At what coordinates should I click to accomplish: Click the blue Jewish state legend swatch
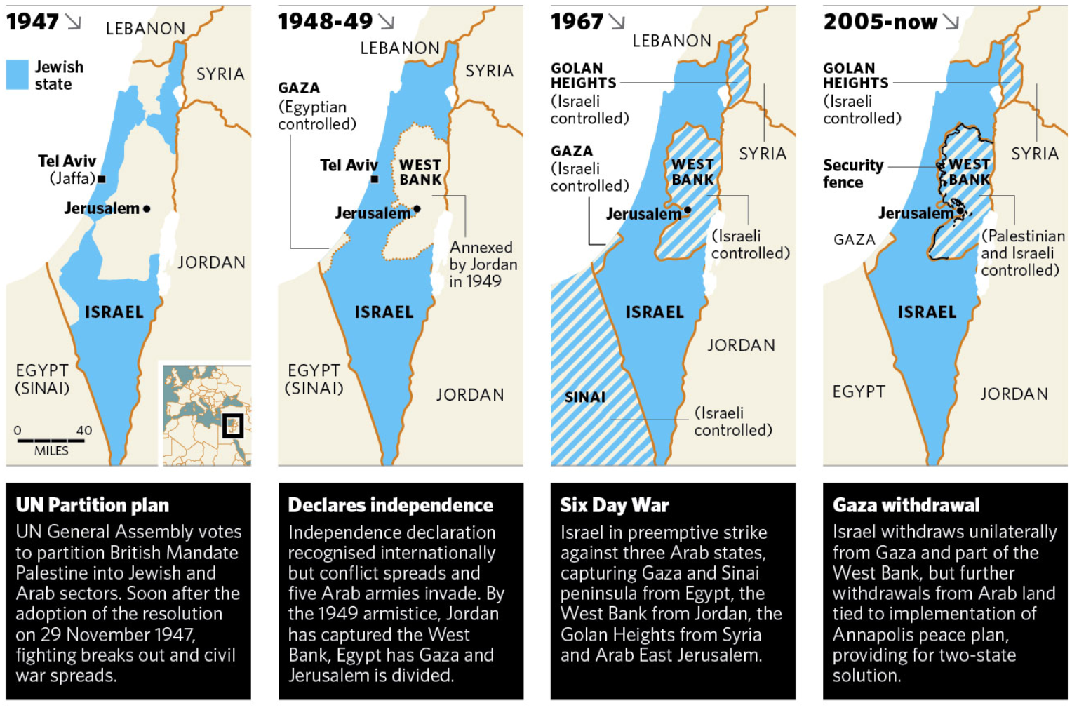pos(18,74)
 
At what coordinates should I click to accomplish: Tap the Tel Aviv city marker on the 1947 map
pos(102,180)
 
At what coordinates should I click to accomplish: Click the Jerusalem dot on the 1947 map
pos(146,208)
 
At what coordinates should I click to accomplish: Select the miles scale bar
pos(51,441)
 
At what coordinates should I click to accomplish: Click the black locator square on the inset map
pos(232,426)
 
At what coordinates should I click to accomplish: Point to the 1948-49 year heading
pos(326,22)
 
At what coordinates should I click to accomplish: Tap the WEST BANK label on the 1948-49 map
pos(420,172)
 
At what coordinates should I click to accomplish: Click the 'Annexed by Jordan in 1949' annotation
pos(483,264)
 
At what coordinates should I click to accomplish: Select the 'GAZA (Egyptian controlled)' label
pos(316,106)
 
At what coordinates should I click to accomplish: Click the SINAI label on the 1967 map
pos(584,397)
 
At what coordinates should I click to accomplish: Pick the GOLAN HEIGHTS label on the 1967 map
pos(583,75)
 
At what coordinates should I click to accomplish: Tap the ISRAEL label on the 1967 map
pos(654,312)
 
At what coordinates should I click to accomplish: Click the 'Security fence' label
pos(852,173)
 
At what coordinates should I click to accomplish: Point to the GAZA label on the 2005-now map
pos(854,240)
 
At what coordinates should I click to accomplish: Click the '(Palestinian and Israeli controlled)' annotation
pos(1022,253)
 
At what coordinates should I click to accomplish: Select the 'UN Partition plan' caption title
pos(93,505)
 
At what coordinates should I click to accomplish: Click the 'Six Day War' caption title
pos(614,505)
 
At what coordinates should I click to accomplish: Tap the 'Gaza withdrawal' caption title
pos(906,505)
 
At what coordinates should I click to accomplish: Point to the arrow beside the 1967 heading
pos(617,22)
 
